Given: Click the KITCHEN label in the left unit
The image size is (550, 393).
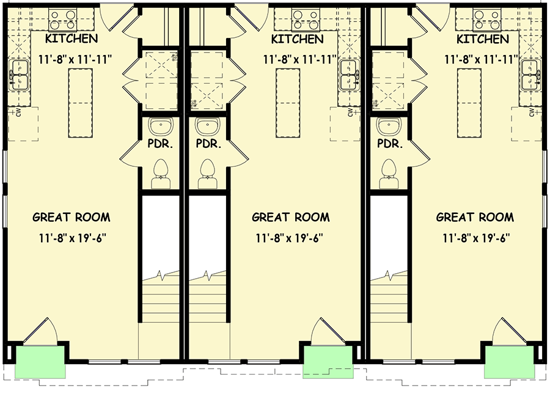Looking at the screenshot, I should tap(71, 39).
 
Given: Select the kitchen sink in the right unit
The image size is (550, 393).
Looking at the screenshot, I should tap(530, 76).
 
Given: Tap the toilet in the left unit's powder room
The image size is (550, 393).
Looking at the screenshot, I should tap(161, 171).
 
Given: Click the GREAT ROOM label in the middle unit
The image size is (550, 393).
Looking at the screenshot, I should tap(290, 217).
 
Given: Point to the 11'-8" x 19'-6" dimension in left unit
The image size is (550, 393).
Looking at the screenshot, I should tap(71, 238).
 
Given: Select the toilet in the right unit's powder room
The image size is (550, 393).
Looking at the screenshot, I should tap(389, 171).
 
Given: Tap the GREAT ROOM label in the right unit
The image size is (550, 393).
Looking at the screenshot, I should tap(475, 217).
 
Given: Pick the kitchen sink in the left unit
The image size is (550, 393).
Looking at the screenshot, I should tap(20, 76).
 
